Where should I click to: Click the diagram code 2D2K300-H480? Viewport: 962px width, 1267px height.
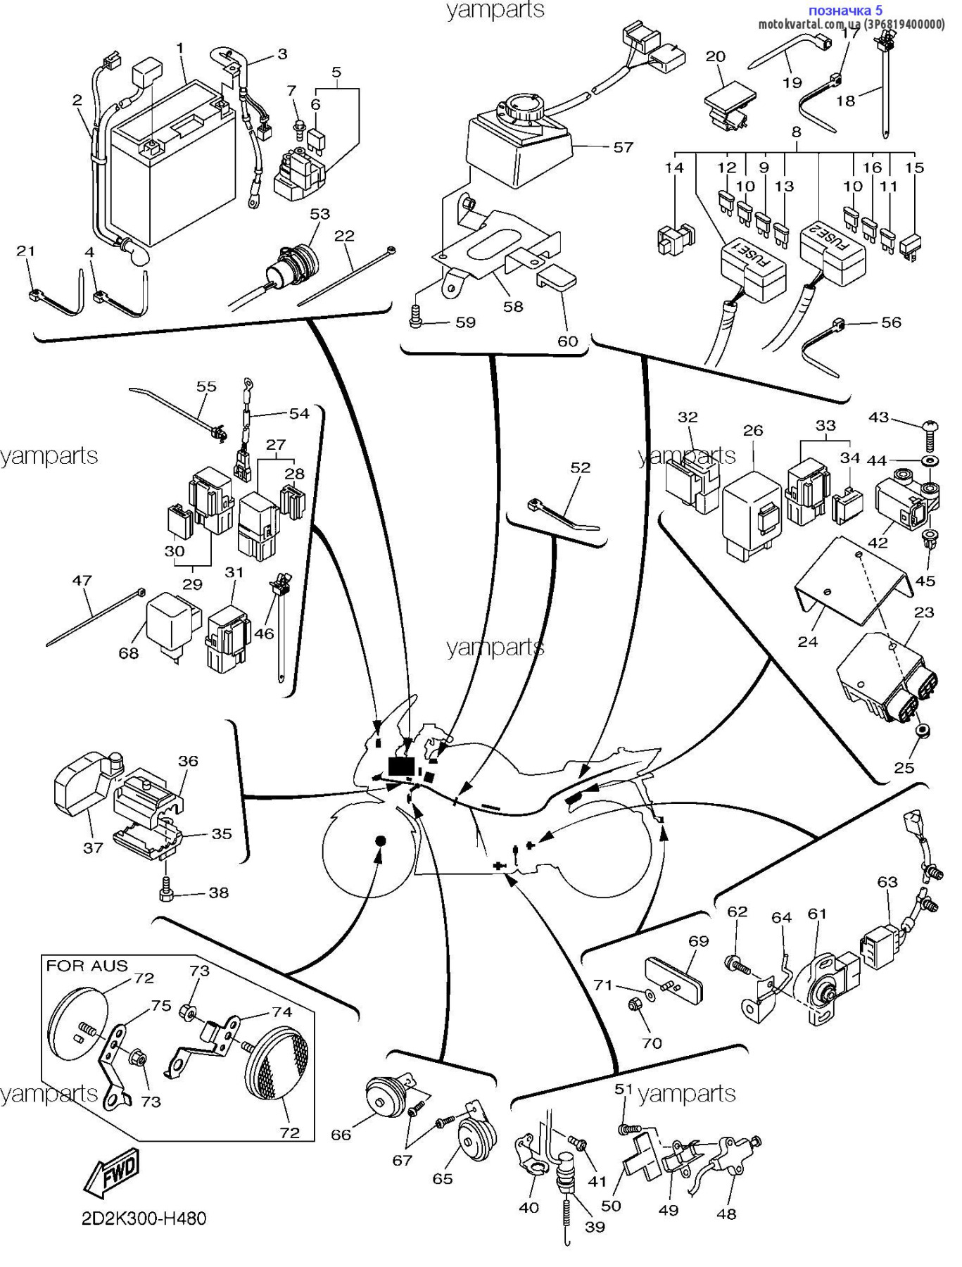[x=144, y=1218]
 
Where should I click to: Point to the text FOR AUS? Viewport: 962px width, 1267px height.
[x=87, y=966]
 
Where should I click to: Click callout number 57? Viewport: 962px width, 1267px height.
[x=623, y=147]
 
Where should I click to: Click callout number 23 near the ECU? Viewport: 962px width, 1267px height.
[x=923, y=612]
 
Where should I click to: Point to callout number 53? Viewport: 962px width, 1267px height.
[x=319, y=213]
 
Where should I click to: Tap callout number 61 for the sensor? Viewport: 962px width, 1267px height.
[x=816, y=914]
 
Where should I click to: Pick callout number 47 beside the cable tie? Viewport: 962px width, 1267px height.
[x=82, y=581]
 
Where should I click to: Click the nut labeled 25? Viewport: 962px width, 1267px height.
[x=923, y=731]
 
